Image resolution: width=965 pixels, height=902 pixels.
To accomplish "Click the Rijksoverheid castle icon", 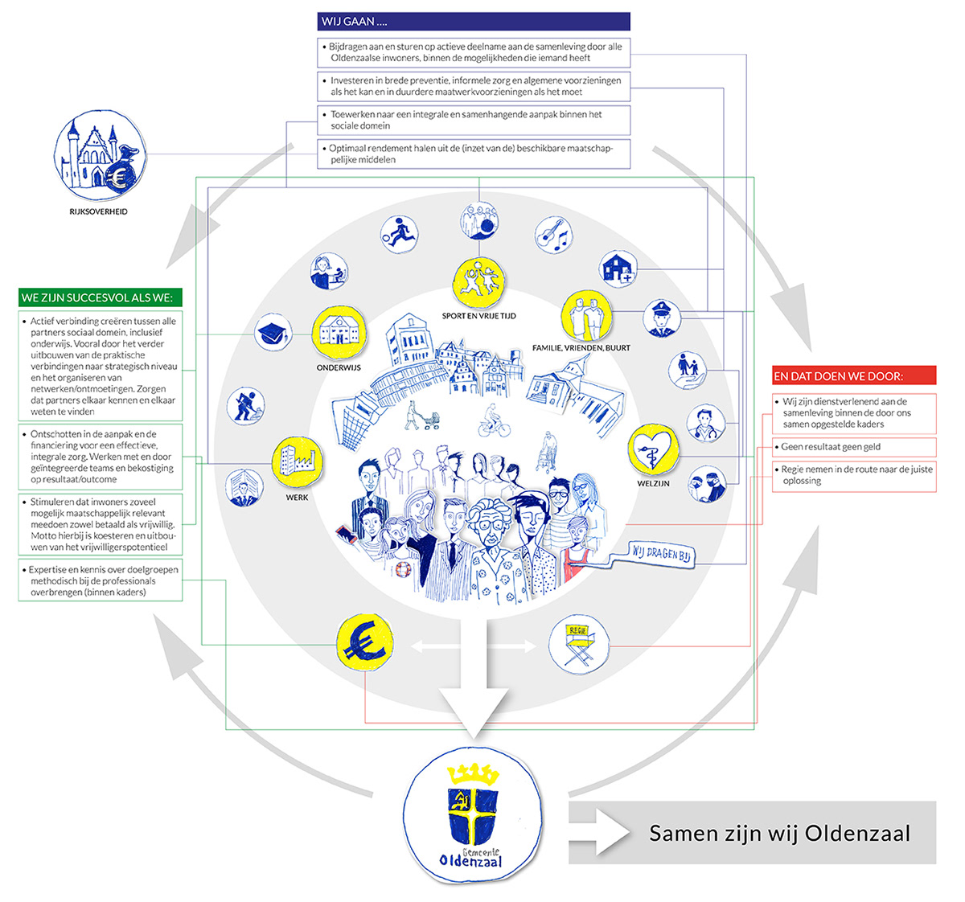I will pyautogui.click(x=101, y=155).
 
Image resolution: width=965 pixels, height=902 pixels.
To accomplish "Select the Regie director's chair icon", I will pyautogui.click(x=579, y=644).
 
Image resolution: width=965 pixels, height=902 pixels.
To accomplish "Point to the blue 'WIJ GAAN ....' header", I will pyautogui.click(x=474, y=22).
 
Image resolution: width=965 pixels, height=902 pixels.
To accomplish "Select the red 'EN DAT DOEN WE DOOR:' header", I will pyautogui.click(x=854, y=376).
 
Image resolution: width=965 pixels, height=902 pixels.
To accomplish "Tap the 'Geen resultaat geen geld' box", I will pyautogui.click(x=854, y=447).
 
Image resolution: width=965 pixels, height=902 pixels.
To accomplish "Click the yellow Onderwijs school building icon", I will pyautogui.click(x=339, y=333).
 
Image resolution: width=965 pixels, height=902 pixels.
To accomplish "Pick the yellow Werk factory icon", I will pyautogui.click(x=298, y=463).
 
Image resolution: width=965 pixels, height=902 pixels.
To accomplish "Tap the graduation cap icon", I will pyautogui.click(x=273, y=333).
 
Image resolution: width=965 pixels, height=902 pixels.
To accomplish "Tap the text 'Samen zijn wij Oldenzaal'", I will pyautogui.click(x=779, y=833).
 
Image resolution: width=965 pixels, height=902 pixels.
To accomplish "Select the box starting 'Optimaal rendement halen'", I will pyautogui.click(x=474, y=154).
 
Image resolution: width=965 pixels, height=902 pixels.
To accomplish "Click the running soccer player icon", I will pyautogui.click(x=400, y=233).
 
